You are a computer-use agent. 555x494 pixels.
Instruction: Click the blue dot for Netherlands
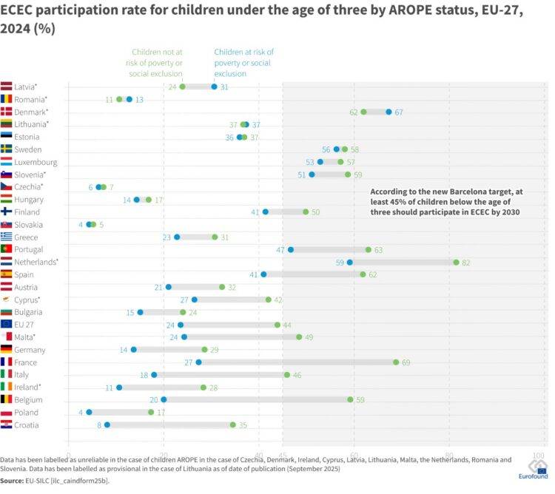[350, 262]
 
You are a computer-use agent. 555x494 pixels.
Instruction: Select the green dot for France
[396, 362]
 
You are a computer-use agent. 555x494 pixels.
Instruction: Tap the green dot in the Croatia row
[233, 424]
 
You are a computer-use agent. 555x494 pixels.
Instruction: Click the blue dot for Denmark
[389, 112]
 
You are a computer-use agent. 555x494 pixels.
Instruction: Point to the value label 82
[467, 262]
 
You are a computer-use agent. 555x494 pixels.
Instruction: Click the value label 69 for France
[406, 362]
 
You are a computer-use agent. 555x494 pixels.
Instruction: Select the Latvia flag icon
[7, 87]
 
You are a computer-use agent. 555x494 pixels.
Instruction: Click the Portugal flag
[7, 249]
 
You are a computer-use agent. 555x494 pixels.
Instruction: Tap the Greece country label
[26, 237]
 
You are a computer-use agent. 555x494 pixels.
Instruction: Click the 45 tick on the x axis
[282, 456]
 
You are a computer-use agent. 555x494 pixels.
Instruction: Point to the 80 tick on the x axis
[448, 456]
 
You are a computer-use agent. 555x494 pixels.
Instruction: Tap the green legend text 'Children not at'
[158, 52]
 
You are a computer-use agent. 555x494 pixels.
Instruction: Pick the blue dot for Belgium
[164, 399]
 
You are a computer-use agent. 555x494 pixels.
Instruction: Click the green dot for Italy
[287, 375]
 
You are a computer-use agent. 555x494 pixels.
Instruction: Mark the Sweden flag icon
[7, 149]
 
